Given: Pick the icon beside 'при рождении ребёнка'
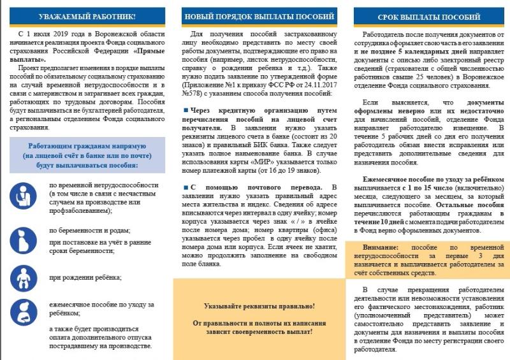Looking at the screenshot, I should point(24,277).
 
